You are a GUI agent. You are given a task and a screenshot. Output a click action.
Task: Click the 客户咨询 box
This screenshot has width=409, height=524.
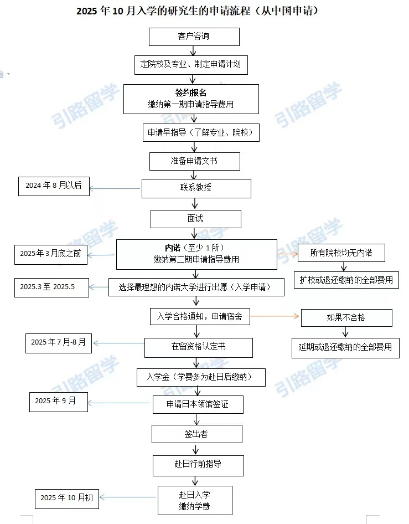click(194, 37)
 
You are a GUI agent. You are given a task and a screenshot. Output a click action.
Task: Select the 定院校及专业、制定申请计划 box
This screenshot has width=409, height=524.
click(191, 65)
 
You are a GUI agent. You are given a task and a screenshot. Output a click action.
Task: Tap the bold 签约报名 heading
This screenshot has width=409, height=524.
click(191, 93)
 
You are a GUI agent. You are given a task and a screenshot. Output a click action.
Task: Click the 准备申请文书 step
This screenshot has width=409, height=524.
click(195, 161)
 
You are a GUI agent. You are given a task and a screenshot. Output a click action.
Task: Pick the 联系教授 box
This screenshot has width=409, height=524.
click(196, 188)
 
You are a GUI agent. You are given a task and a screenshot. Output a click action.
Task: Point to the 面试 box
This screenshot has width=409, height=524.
click(196, 219)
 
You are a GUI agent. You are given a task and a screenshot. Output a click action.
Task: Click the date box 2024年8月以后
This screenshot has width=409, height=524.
click(54, 186)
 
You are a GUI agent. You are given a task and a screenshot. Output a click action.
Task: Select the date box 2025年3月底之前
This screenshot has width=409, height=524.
click(51, 255)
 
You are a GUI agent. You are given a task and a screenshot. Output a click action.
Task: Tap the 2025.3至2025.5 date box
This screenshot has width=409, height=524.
click(52, 287)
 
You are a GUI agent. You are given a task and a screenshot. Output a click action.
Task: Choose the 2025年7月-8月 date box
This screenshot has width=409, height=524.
click(59, 343)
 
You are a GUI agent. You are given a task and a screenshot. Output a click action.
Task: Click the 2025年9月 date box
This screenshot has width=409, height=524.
click(59, 402)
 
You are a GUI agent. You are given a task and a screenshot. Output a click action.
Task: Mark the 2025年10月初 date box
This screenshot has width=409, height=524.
click(67, 499)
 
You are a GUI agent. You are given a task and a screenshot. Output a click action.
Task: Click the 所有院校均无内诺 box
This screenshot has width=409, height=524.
click(341, 253)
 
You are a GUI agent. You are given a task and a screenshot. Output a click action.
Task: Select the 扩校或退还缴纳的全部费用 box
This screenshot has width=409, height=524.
click(346, 280)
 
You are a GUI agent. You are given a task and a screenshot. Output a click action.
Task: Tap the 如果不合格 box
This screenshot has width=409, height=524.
click(346, 318)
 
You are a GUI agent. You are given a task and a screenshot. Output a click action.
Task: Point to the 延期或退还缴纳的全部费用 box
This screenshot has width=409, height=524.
click(345, 348)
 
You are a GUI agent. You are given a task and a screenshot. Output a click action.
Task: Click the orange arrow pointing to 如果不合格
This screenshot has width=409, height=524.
click(275, 316)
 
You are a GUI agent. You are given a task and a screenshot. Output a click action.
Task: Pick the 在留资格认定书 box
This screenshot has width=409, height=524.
click(199, 347)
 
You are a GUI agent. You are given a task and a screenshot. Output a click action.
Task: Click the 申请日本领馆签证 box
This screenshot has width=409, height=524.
click(198, 405)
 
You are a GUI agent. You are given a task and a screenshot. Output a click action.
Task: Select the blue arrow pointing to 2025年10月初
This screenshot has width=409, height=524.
click(128, 497)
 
